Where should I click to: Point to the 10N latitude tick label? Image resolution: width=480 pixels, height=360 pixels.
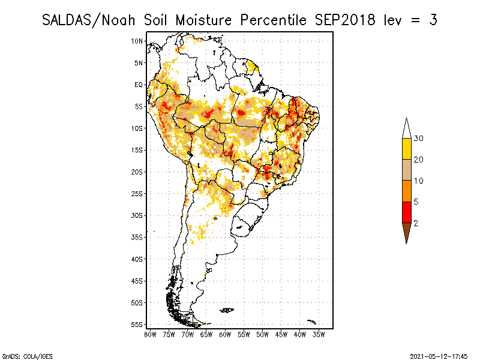[137, 41]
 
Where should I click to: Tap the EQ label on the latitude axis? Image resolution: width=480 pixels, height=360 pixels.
[138, 85]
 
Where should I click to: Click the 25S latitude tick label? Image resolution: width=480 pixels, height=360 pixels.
[137, 193]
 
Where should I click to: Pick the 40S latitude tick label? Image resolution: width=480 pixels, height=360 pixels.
[137, 259]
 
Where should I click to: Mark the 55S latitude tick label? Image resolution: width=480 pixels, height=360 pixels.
[137, 324]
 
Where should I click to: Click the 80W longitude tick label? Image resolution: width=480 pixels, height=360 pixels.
[150, 334]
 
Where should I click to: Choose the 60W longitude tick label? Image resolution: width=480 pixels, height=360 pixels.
[225, 334]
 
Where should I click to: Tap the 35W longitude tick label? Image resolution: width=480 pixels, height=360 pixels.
[319, 334]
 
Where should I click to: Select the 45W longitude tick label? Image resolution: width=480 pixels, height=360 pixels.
[281, 334]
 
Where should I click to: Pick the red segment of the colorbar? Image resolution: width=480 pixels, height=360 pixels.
[407, 212]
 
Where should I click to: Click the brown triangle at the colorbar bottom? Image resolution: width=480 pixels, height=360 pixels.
[407, 232]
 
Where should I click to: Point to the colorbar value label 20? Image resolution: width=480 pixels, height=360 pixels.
[419, 160]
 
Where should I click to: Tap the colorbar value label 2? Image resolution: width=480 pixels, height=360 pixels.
[416, 223]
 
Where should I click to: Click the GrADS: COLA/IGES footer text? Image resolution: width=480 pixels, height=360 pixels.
[22, 355]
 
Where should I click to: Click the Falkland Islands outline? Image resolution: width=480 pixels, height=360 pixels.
[227, 310]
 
